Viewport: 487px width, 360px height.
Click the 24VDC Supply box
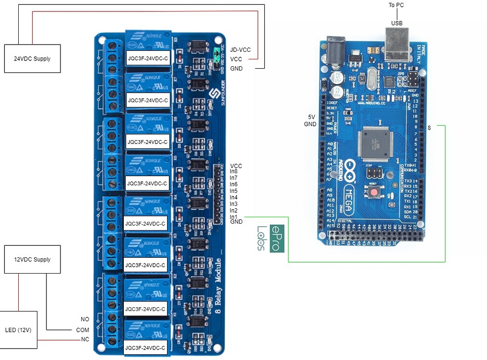pyautogui.click(x=32, y=59)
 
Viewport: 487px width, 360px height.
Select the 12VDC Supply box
pyautogui.click(x=32, y=259)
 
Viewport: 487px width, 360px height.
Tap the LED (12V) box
pyautogui.click(x=19, y=330)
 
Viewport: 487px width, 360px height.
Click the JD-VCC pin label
pyautogui.click(x=240, y=50)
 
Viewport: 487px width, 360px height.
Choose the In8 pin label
pyautogui.click(x=234, y=171)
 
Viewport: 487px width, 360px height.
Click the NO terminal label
pyautogui.click(x=85, y=319)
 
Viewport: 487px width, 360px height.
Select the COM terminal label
pyautogui.click(x=83, y=330)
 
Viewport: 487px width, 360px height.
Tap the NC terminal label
pyautogui.click(x=85, y=340)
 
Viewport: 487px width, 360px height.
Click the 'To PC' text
pyautogui.click(x=396, y=5)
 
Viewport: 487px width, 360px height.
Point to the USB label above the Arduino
pyautogui.click(x=397, y=23)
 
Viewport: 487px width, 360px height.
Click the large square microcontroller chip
pyautogui.click(x=376, y=144)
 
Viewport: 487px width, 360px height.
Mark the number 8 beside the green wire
pyautogui.click(x=429, y=128)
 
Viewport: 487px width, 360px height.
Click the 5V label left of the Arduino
pyautogui.click(x=311, y=117)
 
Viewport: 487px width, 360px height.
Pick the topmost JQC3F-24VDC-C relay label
pyautogui.click(x=147, y=59)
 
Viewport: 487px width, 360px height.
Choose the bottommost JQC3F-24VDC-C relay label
pyautogui.click(x=146, y=348)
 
